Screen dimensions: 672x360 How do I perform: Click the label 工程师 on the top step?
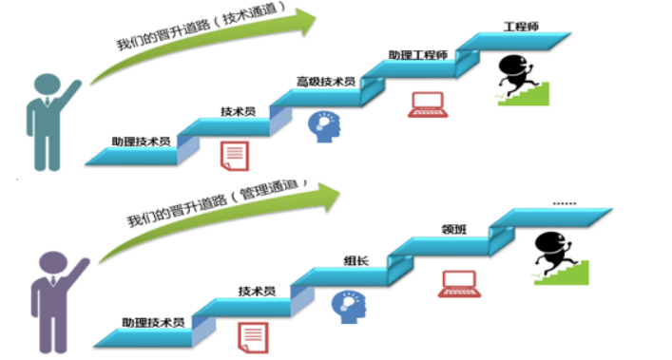521,27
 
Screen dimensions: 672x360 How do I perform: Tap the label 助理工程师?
418,55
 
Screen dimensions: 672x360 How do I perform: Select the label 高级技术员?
326,82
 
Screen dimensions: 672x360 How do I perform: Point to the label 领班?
453,230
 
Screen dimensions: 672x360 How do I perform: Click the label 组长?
356,260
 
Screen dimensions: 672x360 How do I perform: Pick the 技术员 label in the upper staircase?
239,111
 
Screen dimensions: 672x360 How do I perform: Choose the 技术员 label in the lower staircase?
257,291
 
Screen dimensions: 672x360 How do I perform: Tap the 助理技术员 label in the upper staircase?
141,142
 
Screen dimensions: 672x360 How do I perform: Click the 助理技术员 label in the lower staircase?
153,322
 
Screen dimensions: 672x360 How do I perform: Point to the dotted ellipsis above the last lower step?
565,203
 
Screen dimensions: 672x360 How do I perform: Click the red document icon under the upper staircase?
235,156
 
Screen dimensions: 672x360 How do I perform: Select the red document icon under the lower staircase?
253,338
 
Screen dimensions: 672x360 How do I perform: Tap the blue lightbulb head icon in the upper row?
324,126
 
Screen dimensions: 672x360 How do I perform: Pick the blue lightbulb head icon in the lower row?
349,307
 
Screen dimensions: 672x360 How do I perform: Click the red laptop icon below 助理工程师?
428,104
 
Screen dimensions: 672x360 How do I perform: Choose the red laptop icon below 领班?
459,284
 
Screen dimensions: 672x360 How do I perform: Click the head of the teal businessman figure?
48,84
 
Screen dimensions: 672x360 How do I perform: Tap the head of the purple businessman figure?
53,262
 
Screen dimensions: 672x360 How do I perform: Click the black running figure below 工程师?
515,75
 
